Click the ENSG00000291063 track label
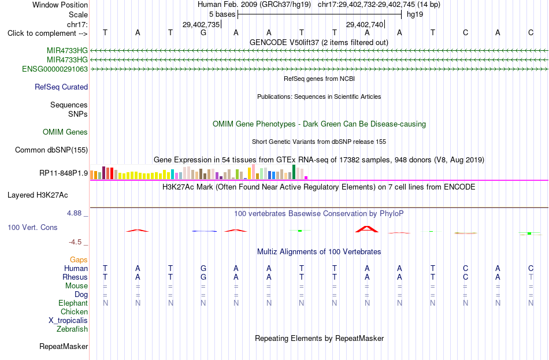coord(55,69)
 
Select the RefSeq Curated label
coord(61,87)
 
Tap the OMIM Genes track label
coord(65,132)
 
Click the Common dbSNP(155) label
coord(51,150)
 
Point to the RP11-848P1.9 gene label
coord(64,173)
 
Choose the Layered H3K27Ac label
coord(38,195)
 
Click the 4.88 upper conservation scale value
coord(74,213)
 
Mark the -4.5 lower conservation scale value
coord(75,242)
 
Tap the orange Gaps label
coord(79,259)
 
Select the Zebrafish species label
coord(72,329)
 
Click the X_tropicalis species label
coord(68,321)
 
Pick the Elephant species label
coord(73,303)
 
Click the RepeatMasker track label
coord(64,346)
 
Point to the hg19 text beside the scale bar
coord(415,14)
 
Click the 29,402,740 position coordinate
coord(365,24)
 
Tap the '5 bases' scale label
coord(222,14)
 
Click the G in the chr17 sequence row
coord(203,32)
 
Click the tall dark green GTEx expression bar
coord(294,172)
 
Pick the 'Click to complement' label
coord(47,34)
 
